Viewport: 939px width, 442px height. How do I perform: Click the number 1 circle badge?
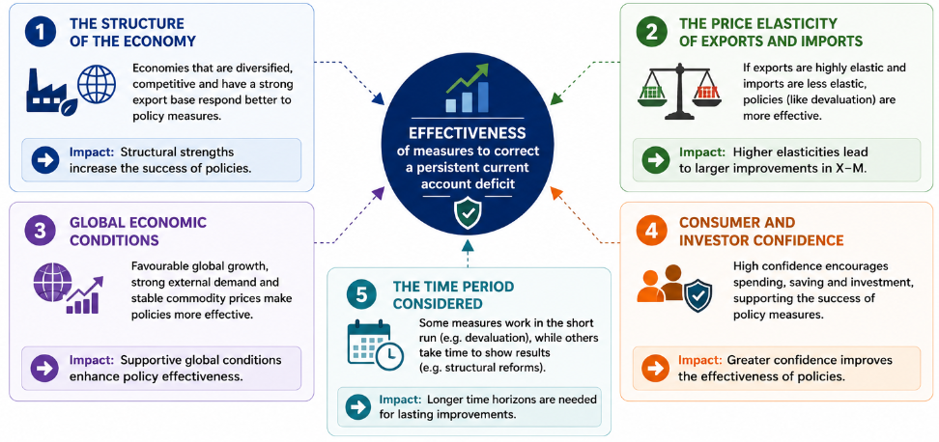(41, 33)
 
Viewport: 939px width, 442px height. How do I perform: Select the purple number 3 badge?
(41, 232)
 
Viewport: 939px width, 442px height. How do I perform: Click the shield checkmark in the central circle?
(468, 213)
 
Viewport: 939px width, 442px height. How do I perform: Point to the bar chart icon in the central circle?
(468, 91)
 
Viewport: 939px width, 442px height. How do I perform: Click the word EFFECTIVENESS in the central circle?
(468, 132)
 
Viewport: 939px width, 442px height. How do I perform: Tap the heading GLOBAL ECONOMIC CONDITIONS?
(138, 232)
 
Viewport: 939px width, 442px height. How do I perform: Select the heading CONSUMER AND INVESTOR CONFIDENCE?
(761, 232)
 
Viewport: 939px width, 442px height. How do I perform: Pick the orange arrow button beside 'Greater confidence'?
(655, 369)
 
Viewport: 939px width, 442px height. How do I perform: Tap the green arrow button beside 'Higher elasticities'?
(655, 160)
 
